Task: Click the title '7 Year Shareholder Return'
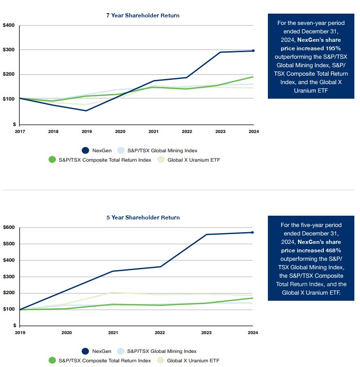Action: pyautogui.click(x=142, y=16)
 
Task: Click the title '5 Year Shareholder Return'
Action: pyautogui.click(x=142, y=218)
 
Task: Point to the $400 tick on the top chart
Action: pyautogui.click(x=8, y=25)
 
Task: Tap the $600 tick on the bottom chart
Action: pyautogui.click(x=8, y=227)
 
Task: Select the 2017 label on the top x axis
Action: pyautogui.click(x=20, y=132)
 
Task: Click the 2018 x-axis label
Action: pyautogui.click(x=53, y=132)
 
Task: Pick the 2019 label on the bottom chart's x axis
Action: pyautogui.click(x=20, y=333)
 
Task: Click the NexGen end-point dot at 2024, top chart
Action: pyautogui.click(x=253, y=51)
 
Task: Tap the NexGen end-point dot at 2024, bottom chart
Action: pyautogui.click(x=253, y=232)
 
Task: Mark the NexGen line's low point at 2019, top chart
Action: pyautogui.click(x=86, y=111)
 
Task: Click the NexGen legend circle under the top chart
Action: pyautogui.click(x=86, y=150)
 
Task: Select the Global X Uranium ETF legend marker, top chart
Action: pyautogui.click(x=160, y=160)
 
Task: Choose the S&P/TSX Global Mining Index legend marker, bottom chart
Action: pyautogui.click(x=121, y=351)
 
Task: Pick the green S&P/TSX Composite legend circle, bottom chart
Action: pyautogui.click(x=53, y=360)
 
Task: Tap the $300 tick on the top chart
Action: pyautogui.click(x=8, y=50)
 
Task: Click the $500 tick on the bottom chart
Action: pyautogui.click(x=8, y=244)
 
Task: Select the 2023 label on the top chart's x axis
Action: pyautogui.click(x=220, y=132)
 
